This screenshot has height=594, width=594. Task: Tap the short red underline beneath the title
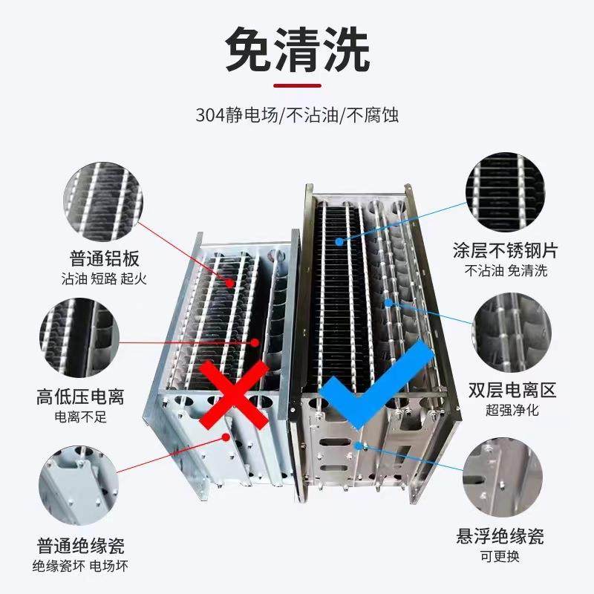297,86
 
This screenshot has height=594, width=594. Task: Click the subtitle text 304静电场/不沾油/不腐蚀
297,117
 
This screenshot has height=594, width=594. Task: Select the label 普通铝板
105,260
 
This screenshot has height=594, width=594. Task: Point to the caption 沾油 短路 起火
105,279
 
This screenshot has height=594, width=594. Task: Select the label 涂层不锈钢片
505,250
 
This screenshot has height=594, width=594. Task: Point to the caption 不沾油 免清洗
505,270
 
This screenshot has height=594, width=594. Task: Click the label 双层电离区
512,390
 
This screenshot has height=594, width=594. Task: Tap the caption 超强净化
512,409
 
